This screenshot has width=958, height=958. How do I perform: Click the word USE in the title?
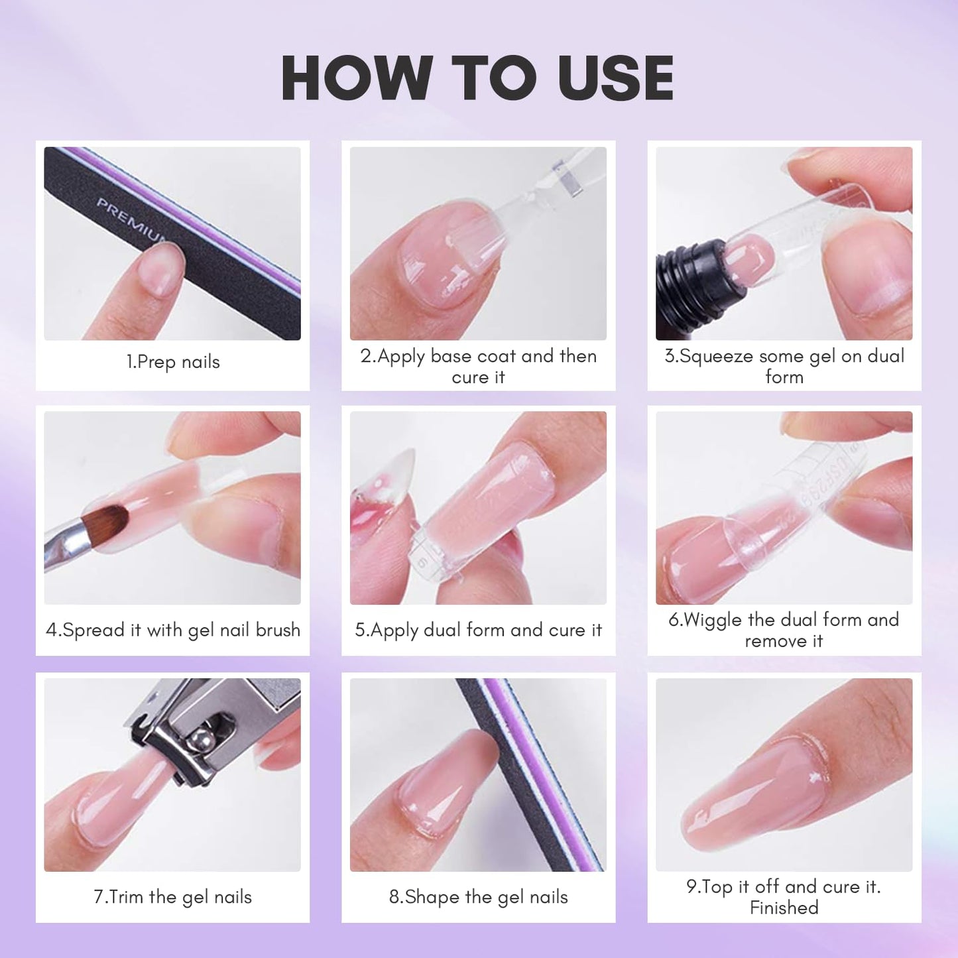(616, 78)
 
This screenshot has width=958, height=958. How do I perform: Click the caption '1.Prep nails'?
(172, 362)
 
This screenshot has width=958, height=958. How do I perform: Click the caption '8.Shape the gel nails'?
(478, 897)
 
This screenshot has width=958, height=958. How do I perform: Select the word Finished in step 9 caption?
(784, 908)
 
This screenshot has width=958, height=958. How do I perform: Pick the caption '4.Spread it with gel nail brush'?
(172, 630)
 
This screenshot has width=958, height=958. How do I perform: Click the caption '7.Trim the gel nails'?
(172, 897)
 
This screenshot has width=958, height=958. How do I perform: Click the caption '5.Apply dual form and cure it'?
(478, 630)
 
